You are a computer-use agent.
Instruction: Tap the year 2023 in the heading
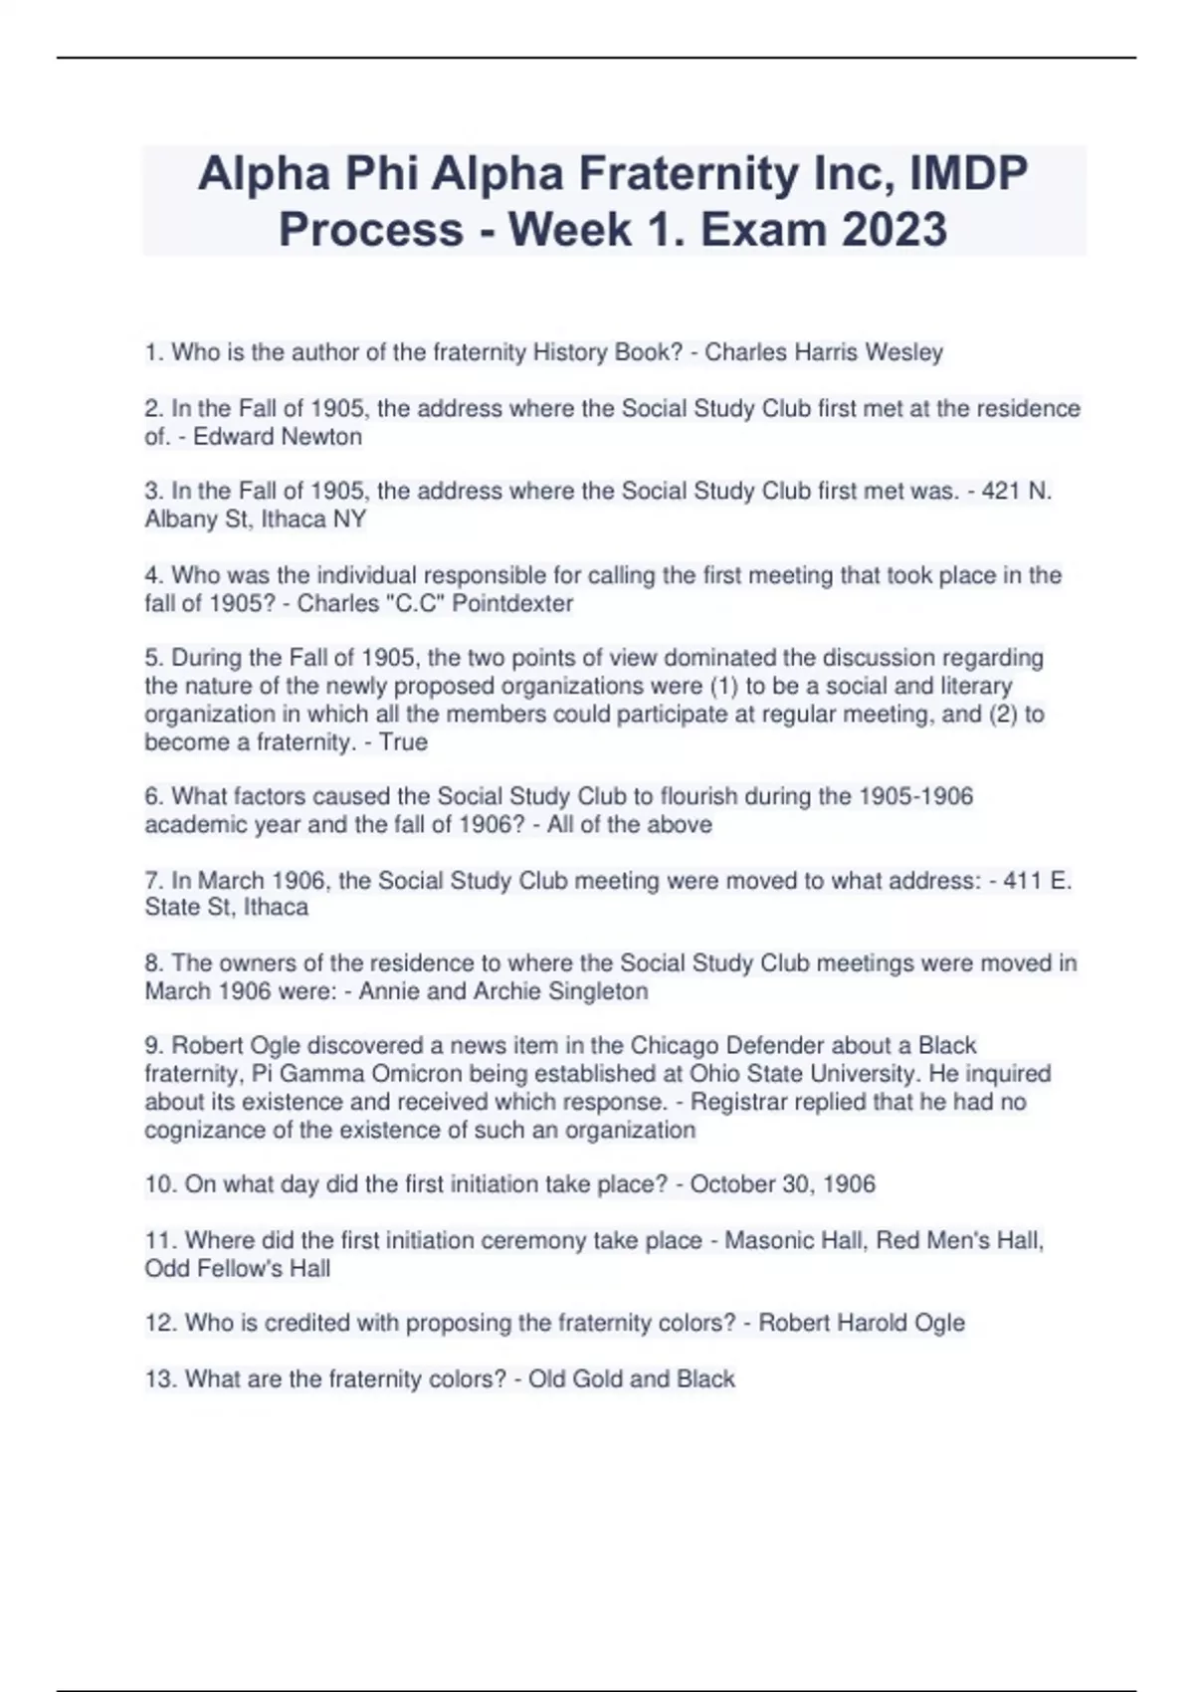click(x=895, y=230)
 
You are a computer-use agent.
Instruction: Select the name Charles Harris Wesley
click(x=824, y=352)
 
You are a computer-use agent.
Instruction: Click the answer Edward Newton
click(x=278, y=437)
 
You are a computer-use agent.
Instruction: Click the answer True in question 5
click(x=403, y=742)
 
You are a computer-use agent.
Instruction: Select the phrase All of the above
click(x=630, y=825)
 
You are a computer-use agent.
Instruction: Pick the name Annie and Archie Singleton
click(x=503, y=991)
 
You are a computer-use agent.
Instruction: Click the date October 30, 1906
click(x=783, y=1184)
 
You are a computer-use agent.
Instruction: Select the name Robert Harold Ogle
click(x=862, y=1323)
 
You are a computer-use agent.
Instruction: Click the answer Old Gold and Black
click(x=632, y=1379)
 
